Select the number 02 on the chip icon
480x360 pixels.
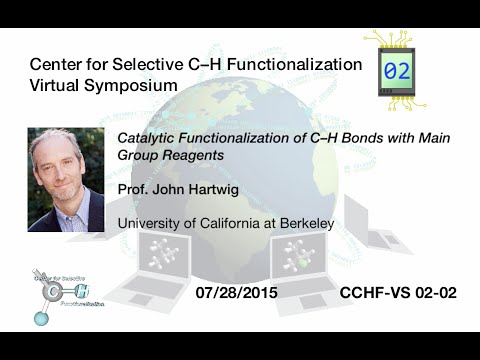tap(396, 72)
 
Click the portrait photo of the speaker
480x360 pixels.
tap(66, 179)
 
